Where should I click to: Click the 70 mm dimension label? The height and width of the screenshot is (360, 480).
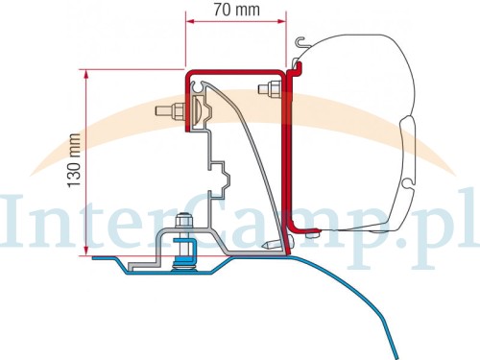pos(237,10)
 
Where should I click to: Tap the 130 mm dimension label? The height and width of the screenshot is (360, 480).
pos(74,160)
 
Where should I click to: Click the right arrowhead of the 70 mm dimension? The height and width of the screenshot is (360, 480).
pos(281,21)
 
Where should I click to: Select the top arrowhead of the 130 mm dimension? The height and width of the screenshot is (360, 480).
pos(85,75)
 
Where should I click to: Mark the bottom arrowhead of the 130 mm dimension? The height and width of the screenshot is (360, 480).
pos(85,250)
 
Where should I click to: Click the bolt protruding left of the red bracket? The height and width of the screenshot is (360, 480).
pos(170,111)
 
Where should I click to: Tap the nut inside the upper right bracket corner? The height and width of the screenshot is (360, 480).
pos(269,89)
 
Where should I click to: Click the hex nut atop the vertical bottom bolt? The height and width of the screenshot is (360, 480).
pos(183,221)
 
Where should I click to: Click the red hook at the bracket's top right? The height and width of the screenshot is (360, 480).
pos(295,69)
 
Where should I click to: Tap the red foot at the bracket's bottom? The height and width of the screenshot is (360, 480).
pos(303,228)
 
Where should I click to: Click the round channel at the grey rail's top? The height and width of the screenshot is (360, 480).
pos(199,86)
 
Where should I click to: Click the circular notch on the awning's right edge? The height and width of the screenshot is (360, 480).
pos(408,184)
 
